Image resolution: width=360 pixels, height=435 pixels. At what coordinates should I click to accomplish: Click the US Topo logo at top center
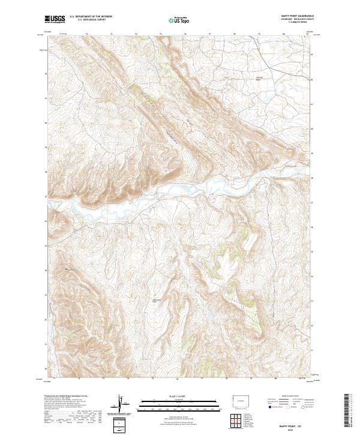[179, 20]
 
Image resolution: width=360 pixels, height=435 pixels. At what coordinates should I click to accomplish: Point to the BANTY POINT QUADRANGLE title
[293, 16]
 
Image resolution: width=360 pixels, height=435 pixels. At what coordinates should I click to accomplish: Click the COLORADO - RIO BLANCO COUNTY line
[293, 20]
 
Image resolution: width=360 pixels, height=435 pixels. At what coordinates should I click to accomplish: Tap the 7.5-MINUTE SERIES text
[293, 23]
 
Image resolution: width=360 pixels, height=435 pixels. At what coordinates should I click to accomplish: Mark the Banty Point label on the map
[157, 301]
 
